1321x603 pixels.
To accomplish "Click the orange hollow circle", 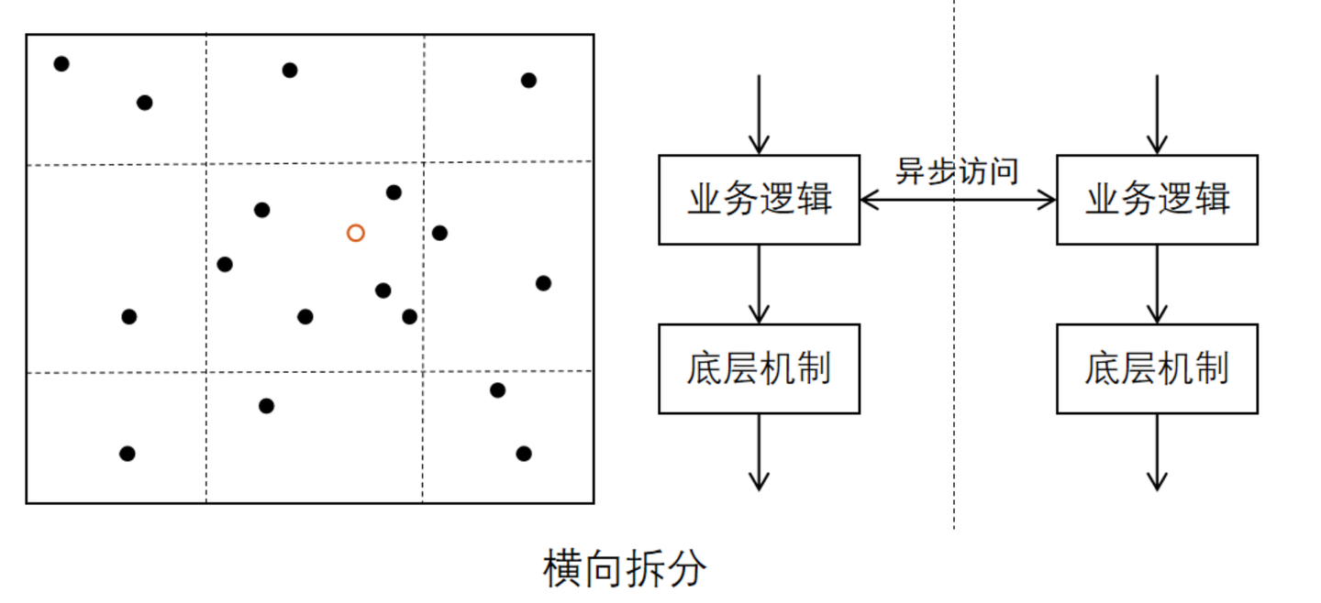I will [356, 233].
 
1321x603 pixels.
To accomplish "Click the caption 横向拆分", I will [625, 569].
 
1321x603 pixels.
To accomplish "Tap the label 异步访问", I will [957, 170].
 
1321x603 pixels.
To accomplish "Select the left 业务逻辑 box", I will [759, 200].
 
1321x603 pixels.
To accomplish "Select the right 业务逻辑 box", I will [1157, 200].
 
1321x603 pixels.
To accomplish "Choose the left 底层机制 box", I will [759, 368].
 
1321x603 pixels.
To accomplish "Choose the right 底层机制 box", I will [1157, 368].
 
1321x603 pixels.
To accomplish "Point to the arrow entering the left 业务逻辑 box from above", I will [759, 115].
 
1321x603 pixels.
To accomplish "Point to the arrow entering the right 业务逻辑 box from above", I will [1157, 115].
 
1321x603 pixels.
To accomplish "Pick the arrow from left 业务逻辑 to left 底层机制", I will [759, 284].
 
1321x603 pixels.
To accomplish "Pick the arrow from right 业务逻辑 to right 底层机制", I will [1157, 284].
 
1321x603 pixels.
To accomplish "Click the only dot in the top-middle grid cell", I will [290, 70].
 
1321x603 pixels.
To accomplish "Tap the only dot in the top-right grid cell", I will [528, 80].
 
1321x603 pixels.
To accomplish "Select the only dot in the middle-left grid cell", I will [129, 317].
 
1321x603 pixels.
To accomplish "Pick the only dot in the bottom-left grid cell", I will [128, 454].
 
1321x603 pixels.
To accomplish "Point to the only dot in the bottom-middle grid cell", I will [266, 406].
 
